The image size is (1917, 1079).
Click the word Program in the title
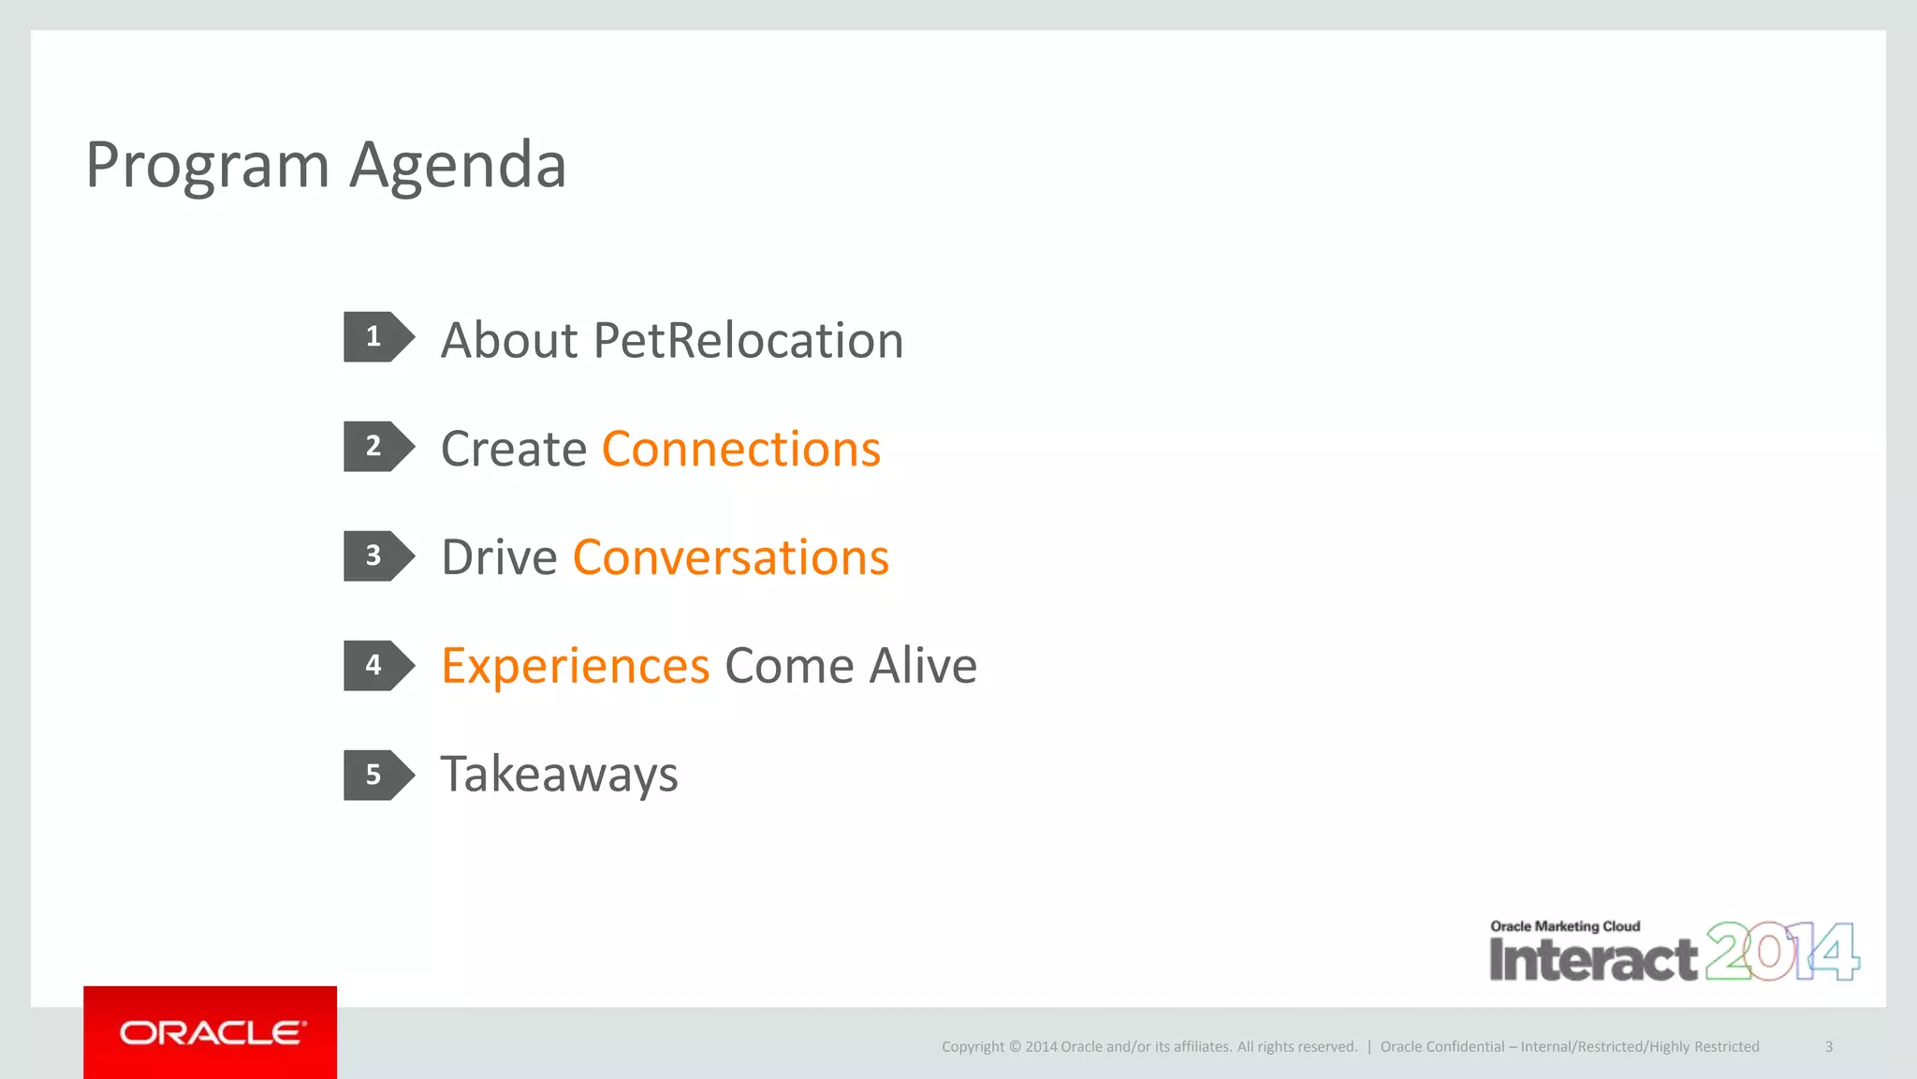(x=207, y=166)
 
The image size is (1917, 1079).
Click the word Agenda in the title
(x=458, y=166)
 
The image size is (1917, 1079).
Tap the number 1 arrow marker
(x=377, y=337)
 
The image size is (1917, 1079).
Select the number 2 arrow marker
(x=377, y=447)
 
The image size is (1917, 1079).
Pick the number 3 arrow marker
(x=377, y=556)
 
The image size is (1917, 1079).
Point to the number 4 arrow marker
(x=377, y=666)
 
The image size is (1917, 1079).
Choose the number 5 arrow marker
(x=377, y=776)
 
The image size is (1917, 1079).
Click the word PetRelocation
(x=748, y=340)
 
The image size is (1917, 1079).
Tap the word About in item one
(x=509, y=340)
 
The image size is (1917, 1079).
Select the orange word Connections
(x=740, y=449)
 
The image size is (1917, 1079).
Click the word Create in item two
(x=513, y=449)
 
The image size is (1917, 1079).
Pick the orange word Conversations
(x=730, y=557)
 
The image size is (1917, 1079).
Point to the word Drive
(x=499, y=557)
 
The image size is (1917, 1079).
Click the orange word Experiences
(x=575, y=667)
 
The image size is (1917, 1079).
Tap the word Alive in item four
(x=923, y=666)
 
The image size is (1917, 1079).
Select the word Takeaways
(x=559, y=776)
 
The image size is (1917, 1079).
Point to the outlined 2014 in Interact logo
(x=1781, y=952)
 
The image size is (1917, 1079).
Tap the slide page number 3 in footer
(x=1828, y=1047)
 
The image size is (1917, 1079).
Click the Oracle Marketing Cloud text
(x=1565, y=926)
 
